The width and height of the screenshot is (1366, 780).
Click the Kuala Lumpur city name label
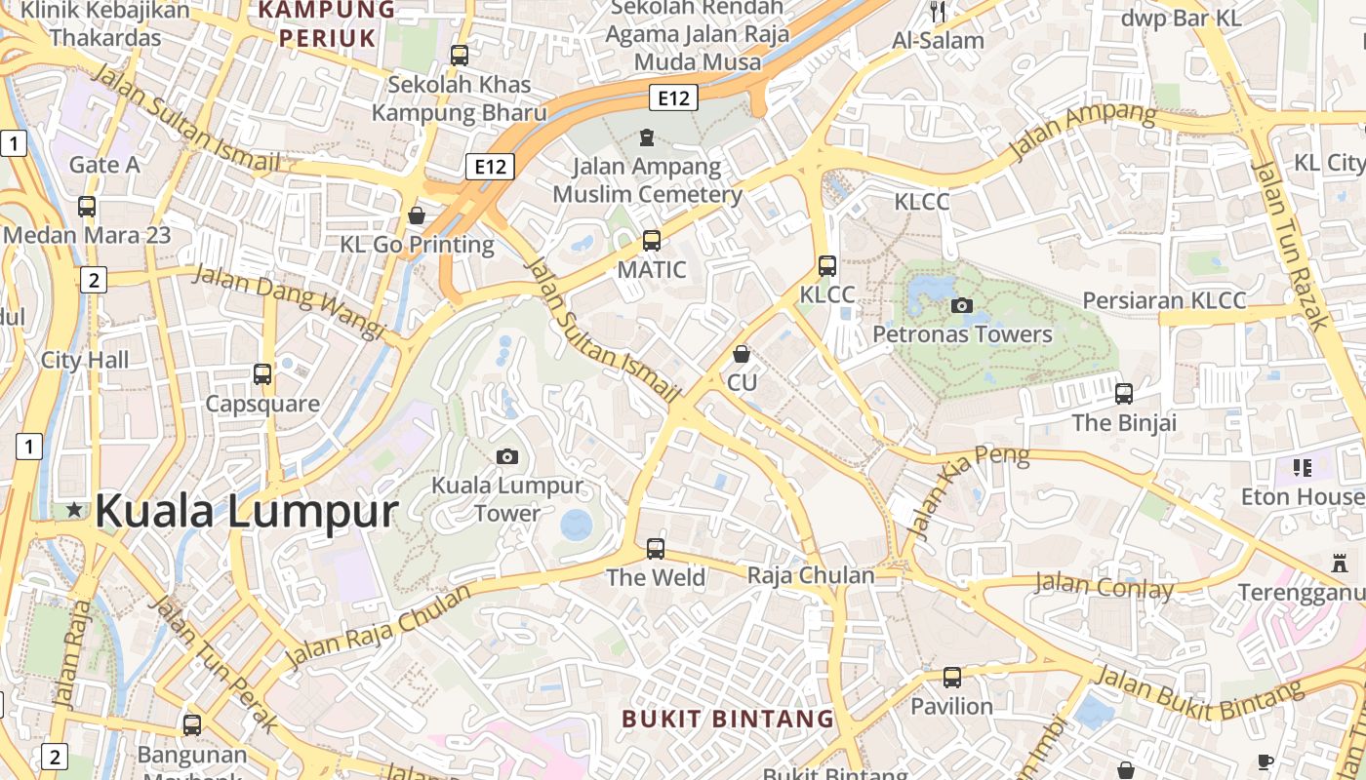247,511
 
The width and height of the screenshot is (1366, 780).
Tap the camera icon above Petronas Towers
962,305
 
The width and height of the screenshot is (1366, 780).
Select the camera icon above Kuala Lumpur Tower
507,456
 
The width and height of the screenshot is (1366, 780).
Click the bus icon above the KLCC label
827,265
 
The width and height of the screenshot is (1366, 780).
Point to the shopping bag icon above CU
742,353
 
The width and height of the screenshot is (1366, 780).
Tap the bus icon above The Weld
656,548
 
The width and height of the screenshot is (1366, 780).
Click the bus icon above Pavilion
952,677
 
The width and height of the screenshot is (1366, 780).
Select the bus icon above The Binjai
1124,394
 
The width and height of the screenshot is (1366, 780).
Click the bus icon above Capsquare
262,374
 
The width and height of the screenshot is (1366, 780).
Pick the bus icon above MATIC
652,240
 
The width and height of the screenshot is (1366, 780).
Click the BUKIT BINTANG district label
728,720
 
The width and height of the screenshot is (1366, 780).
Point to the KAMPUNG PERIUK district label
326,24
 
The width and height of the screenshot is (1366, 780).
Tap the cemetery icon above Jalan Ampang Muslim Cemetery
646,137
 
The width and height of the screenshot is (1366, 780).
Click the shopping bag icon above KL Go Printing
417,214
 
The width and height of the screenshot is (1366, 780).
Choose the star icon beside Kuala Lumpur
74,510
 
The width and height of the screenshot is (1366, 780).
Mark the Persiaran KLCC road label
1164,300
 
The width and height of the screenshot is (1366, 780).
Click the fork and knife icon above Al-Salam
938,12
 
